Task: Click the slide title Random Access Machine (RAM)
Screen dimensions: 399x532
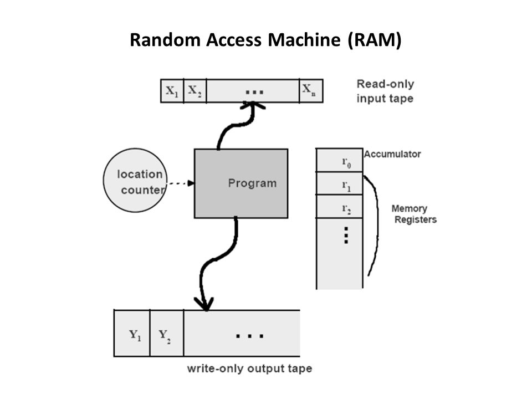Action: click(265, 40)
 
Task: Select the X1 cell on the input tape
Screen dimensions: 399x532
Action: click(171, 91)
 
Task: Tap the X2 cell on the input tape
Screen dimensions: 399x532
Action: click(194, 91)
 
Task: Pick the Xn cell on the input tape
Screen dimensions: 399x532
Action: click(310, 91)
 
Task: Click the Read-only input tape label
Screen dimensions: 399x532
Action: click(385, 91)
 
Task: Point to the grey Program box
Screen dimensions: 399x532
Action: click(241, 183)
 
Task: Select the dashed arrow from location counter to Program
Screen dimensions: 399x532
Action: click(179, 183)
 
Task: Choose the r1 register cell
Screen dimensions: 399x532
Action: click(339, 184)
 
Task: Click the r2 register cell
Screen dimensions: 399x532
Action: click(339, 207)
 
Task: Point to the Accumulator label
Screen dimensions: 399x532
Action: click(392, 154)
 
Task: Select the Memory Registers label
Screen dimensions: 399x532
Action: click(413, 214)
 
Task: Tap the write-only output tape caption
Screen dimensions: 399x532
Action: click(249, 369)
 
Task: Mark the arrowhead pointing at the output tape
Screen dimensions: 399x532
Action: click(205, 304)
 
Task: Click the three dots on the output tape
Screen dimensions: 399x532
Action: click(250, 335)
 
